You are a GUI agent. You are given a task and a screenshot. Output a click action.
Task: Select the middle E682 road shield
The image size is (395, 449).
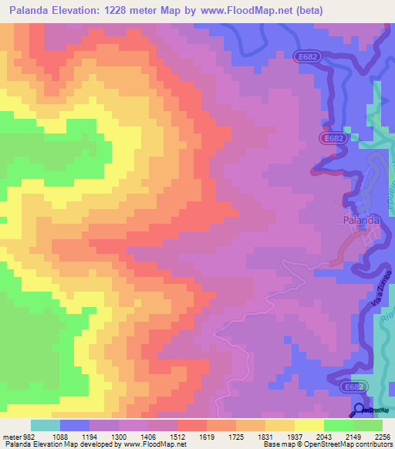(329, 137)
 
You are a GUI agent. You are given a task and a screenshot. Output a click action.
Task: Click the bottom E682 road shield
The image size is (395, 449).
(353, 386)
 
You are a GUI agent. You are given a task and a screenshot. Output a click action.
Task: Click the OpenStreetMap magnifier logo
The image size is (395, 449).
(360, 410)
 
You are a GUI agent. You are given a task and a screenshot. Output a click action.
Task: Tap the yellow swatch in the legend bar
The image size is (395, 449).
(309, 425)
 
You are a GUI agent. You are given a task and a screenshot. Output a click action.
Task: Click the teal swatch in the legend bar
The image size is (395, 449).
(46, 425)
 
